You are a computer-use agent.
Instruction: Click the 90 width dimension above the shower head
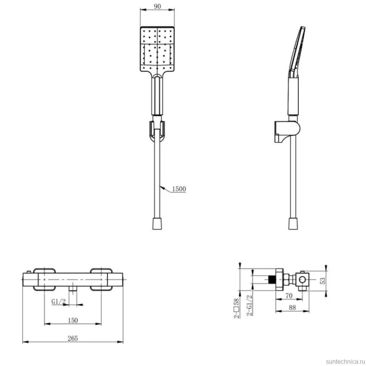157,6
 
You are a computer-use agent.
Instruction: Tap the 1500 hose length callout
179,189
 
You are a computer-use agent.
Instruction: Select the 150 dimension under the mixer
73,320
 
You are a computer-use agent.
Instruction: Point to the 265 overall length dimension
72,338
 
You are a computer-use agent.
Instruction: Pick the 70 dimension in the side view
289,296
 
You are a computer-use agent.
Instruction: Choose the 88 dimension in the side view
292,308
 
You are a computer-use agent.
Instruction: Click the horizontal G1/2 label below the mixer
58,301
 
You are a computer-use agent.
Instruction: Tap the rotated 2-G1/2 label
249,305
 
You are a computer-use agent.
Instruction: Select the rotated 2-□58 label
237,308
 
